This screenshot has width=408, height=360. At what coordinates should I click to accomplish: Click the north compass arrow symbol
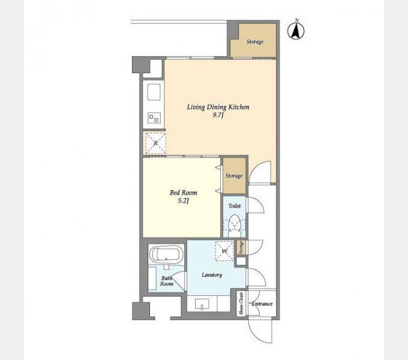click(x=296, y=31)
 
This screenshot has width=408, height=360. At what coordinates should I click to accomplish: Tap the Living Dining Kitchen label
click(x=218, y=107)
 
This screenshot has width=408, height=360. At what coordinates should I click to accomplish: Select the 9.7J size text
click(x=218, y=115)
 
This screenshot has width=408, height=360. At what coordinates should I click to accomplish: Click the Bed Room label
click(x=183, y=193)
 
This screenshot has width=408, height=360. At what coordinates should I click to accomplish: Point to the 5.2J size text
click(x=183, y=200)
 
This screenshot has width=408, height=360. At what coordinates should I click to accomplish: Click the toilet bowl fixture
click(x=234, y=223)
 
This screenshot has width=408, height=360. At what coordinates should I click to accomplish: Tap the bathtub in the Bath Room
click(x=166, y=254)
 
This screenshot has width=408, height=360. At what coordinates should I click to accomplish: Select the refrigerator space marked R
click(x=155, y=143)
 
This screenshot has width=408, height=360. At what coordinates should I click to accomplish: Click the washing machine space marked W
click(x=224, y=251)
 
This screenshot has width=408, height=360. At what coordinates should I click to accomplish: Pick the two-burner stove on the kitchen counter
click(x=154, y=118)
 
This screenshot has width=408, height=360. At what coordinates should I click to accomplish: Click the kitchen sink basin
click(x=154, y=92)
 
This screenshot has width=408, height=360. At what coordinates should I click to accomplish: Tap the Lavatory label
click(x=212, y=275)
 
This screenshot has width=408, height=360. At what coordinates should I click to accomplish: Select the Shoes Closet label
click(x=241, y=303)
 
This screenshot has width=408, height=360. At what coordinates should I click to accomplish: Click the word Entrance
click(x=262, y=304)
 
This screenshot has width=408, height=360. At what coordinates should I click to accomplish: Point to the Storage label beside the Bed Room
click(x=234, y=176)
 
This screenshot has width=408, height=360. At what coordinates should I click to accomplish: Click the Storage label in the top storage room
click(x=255, y=41)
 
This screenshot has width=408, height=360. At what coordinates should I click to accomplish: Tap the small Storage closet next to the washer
click(x=241, y=247)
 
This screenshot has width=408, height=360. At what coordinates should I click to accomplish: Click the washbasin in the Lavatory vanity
click(x=202, y=304)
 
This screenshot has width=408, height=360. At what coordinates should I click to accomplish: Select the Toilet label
click(x=235, y=206)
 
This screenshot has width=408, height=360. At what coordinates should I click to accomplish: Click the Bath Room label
click(x=167, y=281)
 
